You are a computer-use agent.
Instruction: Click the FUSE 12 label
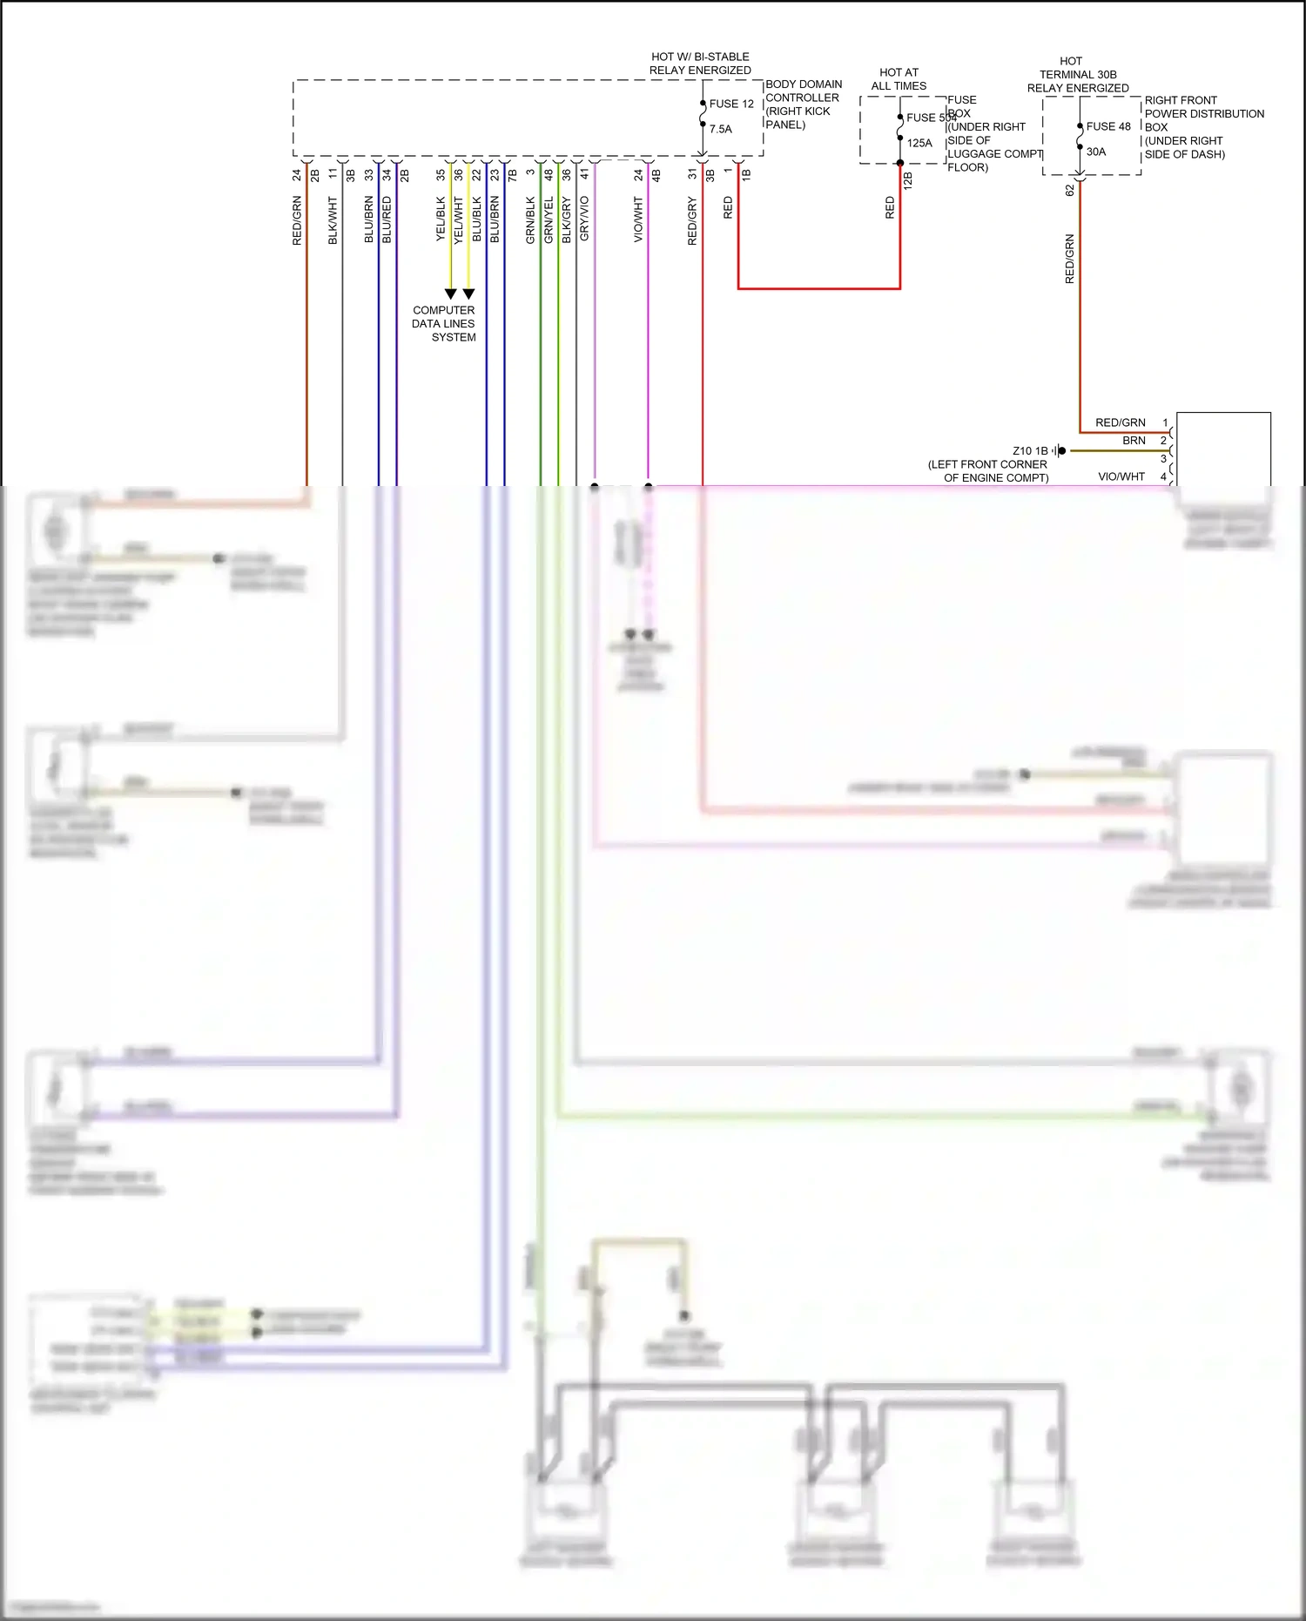[x=731, y=104]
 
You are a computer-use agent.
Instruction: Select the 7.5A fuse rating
[x=721, y=129]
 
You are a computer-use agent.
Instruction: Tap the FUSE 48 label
[x=1108, y=126]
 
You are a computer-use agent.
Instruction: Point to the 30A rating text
[x=1096, y=152]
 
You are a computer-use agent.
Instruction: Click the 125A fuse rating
[x=919, y=143]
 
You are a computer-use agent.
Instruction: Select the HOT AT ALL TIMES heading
[x=899, y=79]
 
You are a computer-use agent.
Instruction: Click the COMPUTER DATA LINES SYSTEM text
[x=444, y=323]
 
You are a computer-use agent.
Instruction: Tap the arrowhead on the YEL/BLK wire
[x=450, y=294]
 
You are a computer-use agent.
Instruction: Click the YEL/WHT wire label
[x=459, y=220]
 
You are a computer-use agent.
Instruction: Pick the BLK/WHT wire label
[x=333, y=220]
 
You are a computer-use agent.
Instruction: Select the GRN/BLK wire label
[x=530, y=220]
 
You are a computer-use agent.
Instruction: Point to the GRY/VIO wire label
[x=584, y=218]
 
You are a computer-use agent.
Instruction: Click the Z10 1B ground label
[x=1030, y=451]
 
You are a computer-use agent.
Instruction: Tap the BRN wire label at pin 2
[x=1134, y=441]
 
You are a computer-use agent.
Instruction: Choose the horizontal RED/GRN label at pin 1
[x=1120, y=422]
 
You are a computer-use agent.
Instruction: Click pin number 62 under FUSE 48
[x=1070, y=190]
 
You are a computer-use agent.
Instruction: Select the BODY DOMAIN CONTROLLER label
[x=803, y=104]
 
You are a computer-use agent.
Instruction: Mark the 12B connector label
[x=908, y=180]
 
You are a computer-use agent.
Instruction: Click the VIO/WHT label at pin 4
[x=1121, y=476]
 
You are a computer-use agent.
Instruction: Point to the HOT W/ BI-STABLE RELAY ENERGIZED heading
[x=700, y=64]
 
